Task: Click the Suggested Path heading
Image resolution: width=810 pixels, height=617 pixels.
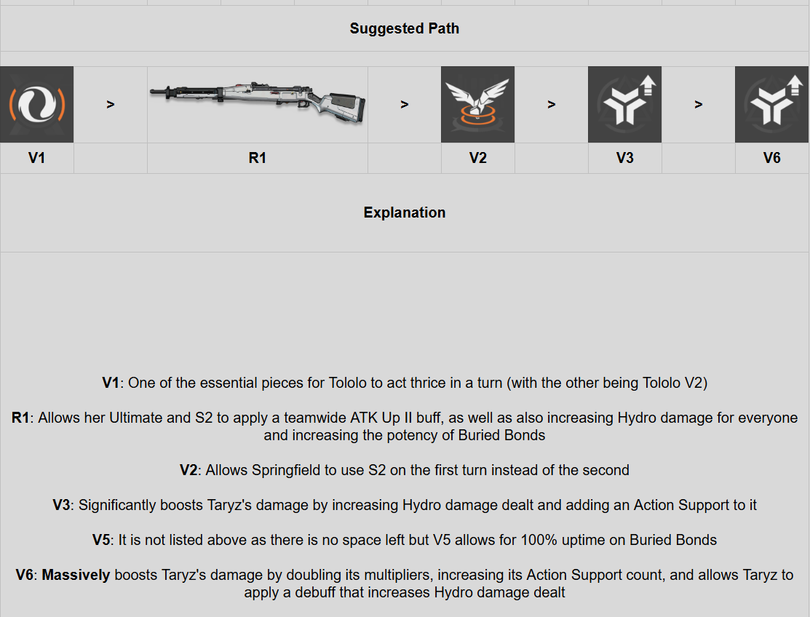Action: [404, 29]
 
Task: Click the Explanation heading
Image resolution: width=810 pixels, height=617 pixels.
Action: [404, 212]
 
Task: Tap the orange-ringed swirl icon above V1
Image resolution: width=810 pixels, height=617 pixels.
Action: [36, 104]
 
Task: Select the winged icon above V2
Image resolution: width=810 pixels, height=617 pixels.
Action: [477, 104]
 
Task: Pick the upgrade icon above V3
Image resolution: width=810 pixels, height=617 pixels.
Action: [624, 104]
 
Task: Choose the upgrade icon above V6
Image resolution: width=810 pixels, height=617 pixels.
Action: [771, 104]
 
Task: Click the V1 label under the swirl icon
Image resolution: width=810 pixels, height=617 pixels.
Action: [36, 158]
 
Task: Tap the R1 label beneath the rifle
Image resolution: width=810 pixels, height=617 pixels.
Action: [258, 158]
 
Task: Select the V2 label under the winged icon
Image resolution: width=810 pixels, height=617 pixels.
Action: [477, 158]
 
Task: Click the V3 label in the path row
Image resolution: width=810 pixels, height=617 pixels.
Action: [624, 158]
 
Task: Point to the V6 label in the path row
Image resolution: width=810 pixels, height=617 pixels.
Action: [771, 158]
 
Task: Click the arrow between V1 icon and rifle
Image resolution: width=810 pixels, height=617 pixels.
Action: [111, 105]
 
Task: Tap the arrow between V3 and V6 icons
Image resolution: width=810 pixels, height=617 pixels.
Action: [698, 105]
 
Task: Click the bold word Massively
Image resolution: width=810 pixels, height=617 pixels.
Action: [76, 576]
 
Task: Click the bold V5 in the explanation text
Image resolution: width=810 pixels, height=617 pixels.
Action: [102, 540]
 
